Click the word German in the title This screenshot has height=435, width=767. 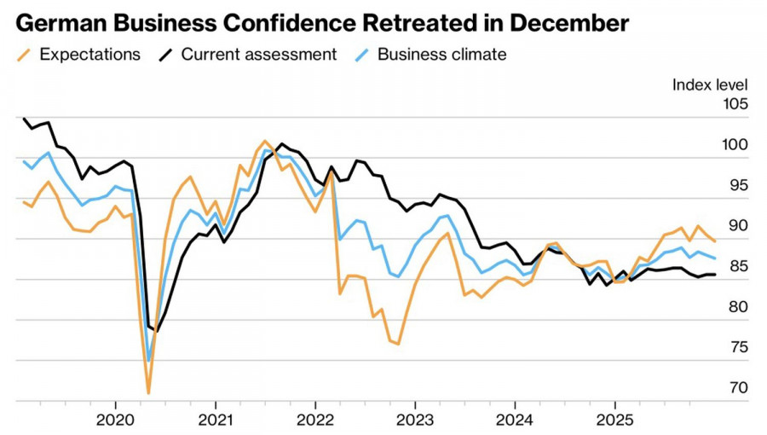coord(58,20)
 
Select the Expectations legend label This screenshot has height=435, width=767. coord(89,55)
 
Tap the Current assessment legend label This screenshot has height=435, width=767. coord(259,55)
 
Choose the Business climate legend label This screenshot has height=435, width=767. coord(441,55)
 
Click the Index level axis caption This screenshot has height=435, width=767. coord(710,84)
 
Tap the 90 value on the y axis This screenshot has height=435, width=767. coord(737,226)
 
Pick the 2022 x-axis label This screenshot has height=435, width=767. coord(315,419)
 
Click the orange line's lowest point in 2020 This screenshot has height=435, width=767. coord(148,393)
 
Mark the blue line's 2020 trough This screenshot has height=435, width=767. coord(149,361)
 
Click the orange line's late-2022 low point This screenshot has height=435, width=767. coord(398,344)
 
